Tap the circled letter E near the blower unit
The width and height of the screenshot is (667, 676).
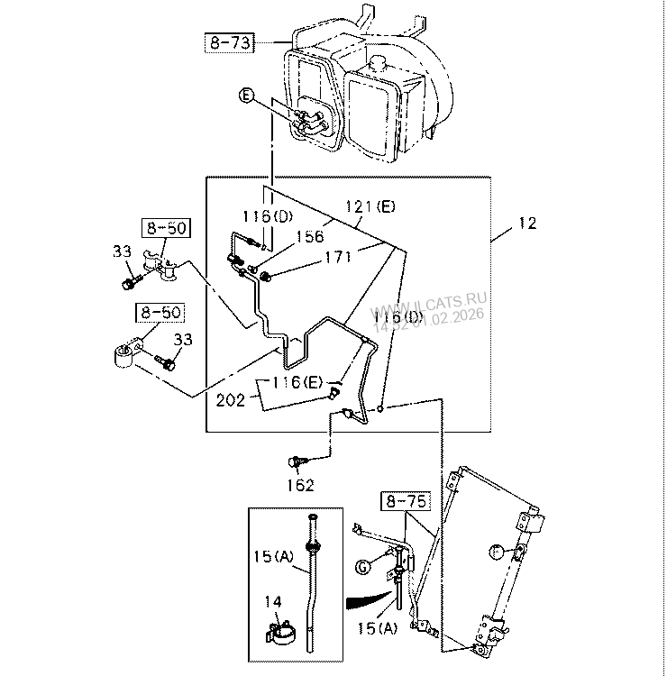click(248, 94)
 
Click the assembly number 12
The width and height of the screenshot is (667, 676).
click(527, 223)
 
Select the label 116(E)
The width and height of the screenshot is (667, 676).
click(297, 382)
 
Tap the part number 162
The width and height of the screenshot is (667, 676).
click(300, 486)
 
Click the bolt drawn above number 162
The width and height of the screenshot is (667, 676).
click(294, 461)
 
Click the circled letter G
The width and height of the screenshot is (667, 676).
click(362, 566)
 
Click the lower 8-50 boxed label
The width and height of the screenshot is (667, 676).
click(159, 313)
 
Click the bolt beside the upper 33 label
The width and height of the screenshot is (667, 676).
click(127, 284)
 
